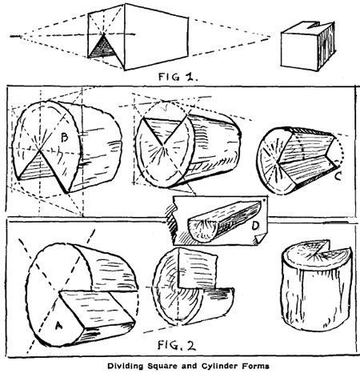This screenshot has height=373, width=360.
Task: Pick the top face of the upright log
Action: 308,259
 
